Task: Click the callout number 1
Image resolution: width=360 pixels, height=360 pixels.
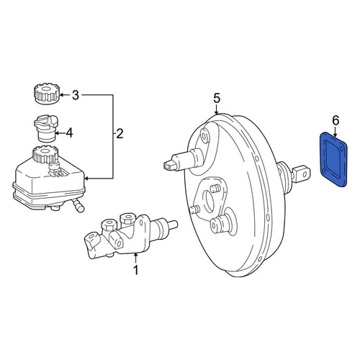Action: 136,270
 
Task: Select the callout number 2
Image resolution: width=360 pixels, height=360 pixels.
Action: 120,134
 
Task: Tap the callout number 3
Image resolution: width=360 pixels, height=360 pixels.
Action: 76,95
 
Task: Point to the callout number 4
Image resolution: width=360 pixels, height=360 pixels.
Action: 69,132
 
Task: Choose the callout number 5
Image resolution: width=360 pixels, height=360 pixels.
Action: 217,99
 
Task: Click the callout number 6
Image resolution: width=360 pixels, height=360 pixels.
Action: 336,120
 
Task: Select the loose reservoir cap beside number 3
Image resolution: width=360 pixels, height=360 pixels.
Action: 46,94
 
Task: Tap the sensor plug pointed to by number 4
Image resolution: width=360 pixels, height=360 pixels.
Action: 45,129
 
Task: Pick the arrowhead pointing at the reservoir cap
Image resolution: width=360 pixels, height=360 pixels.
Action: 61,95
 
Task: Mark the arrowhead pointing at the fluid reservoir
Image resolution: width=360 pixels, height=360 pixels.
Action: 87,179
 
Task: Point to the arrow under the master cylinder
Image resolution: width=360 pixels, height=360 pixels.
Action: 136,258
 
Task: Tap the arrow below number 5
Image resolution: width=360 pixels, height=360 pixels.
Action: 217,110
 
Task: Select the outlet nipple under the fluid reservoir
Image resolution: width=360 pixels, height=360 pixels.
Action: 78,205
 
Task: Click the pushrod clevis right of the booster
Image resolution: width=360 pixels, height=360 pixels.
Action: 301,174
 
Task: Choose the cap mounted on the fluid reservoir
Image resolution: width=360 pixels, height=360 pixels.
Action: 45,154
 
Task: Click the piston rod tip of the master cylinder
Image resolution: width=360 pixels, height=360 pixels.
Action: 173,225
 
